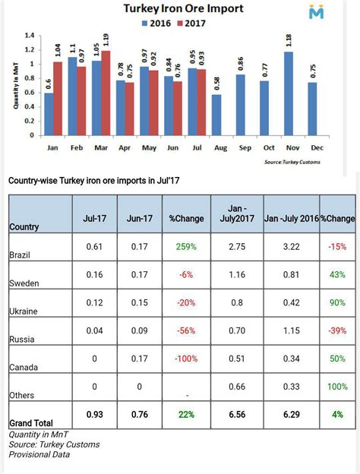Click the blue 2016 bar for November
click(289, 93)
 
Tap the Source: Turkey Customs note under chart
click(292, 162)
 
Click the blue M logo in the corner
click(317, 13)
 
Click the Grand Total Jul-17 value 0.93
click(94, 414)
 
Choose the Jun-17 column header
click(139, 219)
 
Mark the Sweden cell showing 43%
click(337, 275)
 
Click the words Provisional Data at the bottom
click(39, 454)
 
